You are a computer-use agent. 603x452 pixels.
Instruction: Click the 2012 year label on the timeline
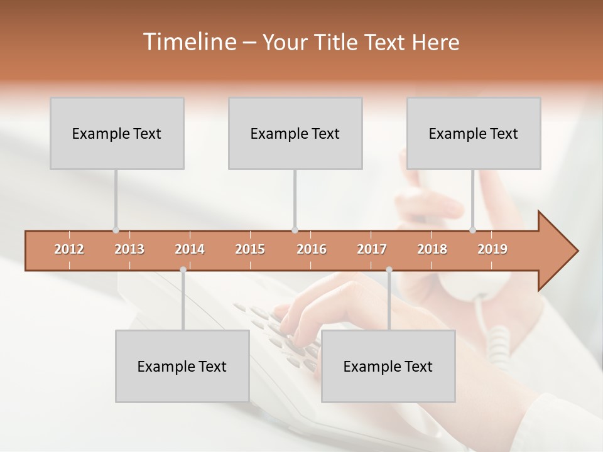click(69, 249)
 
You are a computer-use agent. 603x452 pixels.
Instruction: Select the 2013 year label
click(129, 249)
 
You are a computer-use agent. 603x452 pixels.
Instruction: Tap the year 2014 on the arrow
click(190, 249)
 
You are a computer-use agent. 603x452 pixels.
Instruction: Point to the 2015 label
click(250, 249)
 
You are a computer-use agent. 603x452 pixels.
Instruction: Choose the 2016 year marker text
click(312, 249)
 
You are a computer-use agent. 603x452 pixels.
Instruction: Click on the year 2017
click(372, 249)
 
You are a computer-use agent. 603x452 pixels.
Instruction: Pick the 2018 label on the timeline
click(432, 249)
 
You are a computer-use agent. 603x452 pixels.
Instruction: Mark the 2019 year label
click(492, 249)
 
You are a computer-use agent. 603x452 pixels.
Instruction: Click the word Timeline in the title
click(188, 42)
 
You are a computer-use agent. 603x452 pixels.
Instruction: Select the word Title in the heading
click(336, 42)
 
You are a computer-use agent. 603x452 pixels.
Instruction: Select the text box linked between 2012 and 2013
click(117, 133)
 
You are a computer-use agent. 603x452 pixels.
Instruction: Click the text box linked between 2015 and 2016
click(295, 133)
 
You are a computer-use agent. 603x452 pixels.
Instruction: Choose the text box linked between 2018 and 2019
click(474, 133)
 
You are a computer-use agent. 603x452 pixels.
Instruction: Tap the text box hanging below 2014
click(182, 366)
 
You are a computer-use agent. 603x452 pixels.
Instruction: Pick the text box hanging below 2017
click(388, 366)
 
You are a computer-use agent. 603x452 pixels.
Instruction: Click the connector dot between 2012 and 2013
click(116, 230)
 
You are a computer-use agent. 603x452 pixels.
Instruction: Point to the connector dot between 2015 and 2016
click(295, 230)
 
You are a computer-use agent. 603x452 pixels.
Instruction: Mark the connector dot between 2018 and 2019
click(472, 230)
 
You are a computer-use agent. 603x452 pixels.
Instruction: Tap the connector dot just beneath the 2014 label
click(183, 270)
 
